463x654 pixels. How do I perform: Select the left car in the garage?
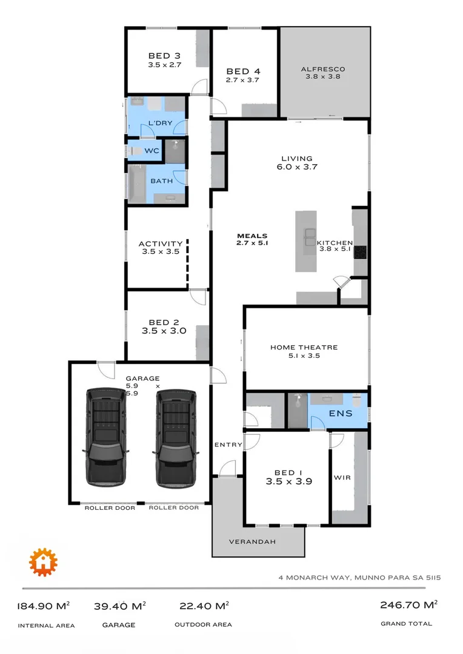[106, 437]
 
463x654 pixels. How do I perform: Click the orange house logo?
[42, 562]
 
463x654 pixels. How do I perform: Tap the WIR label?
[342, 477]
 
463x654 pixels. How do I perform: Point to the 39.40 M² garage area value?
[119, 606]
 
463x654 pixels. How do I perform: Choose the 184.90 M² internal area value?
[44, 606]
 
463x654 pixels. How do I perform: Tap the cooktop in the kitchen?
[360, 251]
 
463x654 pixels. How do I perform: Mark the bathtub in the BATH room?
[136, 185]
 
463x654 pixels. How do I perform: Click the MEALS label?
[252, 236]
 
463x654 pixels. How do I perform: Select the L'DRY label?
[160, 124]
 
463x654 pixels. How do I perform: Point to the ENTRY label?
[228, 445]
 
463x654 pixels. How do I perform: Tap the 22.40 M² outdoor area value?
[204, 606]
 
